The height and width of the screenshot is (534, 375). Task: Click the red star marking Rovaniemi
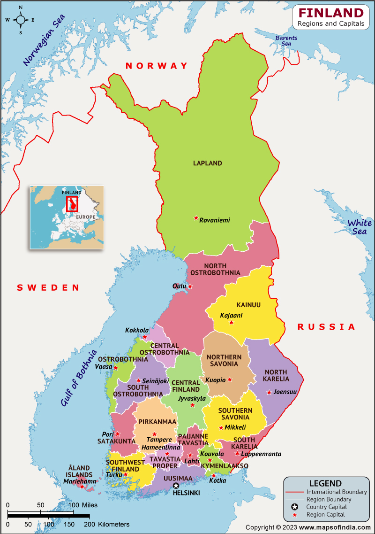[x=196, y=217]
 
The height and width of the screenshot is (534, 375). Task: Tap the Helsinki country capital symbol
[x=176, y=486]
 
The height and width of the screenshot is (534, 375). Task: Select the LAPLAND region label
[x=207, y=163]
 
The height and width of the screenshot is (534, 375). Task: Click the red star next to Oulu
[x=190, y=286]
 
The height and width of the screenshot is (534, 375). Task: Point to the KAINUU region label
[x=248, y=305]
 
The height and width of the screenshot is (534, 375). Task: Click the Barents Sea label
[x=283, y=41]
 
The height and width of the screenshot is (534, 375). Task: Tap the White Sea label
[x=359, y=227]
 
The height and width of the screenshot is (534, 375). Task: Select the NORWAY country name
[x=157, y=66]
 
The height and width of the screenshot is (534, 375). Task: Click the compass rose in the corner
[x=21, y=20]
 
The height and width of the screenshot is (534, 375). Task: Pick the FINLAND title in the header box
[x=331, y=13]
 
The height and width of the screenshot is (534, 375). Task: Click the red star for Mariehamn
[x=82, y=487]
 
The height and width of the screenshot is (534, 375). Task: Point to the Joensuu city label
[x=285, y=392]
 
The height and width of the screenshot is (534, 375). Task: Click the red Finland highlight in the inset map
[x=72, y=204]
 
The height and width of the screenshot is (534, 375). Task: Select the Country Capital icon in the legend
[x=294, y=507]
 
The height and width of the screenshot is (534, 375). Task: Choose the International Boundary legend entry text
[x=337, y=492]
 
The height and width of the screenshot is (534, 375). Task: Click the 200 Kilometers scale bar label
[x=109, y=524]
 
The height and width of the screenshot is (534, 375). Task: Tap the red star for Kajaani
[x=231, y=322]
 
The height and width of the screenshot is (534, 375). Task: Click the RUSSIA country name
[x=326, y=327]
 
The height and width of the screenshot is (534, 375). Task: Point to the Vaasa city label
[x=104, y=367]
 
